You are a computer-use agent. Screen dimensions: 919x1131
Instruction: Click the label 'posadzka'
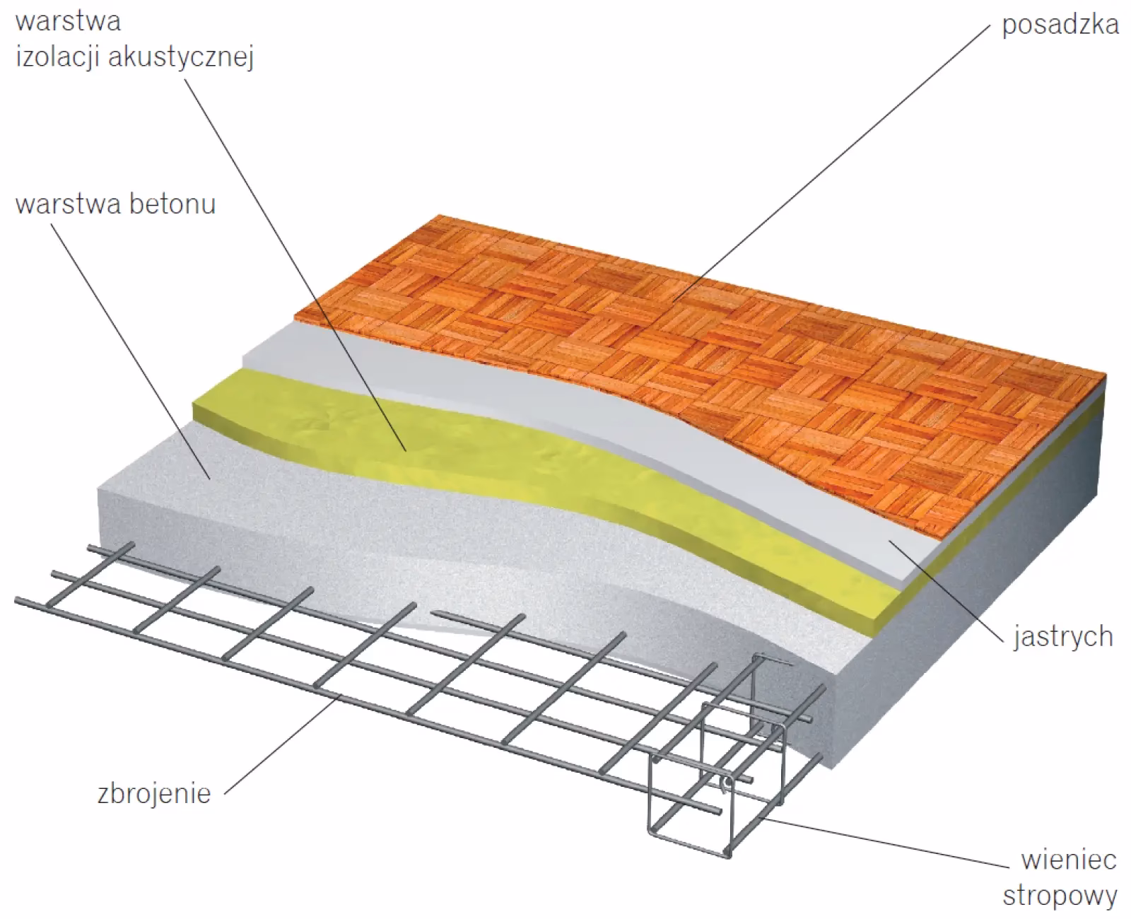pos(1060,25)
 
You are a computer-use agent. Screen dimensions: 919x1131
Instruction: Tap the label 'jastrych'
pos(1062,637)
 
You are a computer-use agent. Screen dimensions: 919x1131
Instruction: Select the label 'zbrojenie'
pos(154,792)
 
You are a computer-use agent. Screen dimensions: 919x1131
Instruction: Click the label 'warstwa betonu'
pos(115,204)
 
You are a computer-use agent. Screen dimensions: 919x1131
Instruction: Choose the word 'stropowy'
pos(1060,896)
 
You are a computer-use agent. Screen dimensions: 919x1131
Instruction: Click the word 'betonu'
pos(172,204)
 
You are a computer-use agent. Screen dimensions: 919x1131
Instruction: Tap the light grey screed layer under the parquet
pos(495,385)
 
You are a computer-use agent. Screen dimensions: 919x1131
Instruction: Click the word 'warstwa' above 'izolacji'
pos(68,21)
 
